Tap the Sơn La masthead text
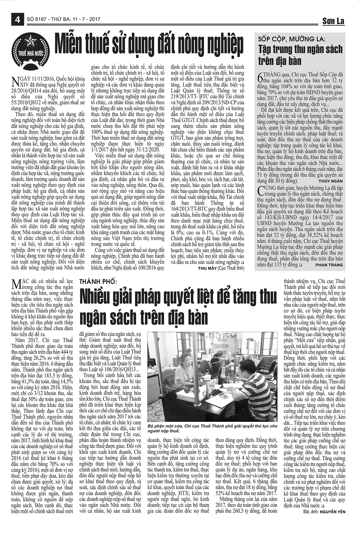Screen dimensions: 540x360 click(333, 21)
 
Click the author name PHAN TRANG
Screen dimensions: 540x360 click(329, 265)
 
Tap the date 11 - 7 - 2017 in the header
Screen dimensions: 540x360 click(85, 19)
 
